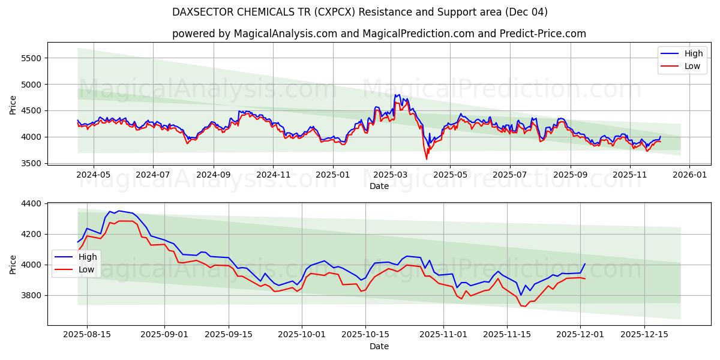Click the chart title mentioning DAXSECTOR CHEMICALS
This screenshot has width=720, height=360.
(359, 12)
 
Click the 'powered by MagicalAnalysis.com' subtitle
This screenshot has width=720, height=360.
(379, 34)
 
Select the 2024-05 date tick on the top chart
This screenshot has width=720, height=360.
(94, 174)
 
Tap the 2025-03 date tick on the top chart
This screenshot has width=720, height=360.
(391, 174)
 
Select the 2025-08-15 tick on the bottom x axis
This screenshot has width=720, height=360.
(87, 335)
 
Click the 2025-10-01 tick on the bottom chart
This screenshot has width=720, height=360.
(303, 335)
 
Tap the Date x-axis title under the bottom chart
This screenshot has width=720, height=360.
(379, 346)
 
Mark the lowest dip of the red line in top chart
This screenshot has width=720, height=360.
(427, 159)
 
